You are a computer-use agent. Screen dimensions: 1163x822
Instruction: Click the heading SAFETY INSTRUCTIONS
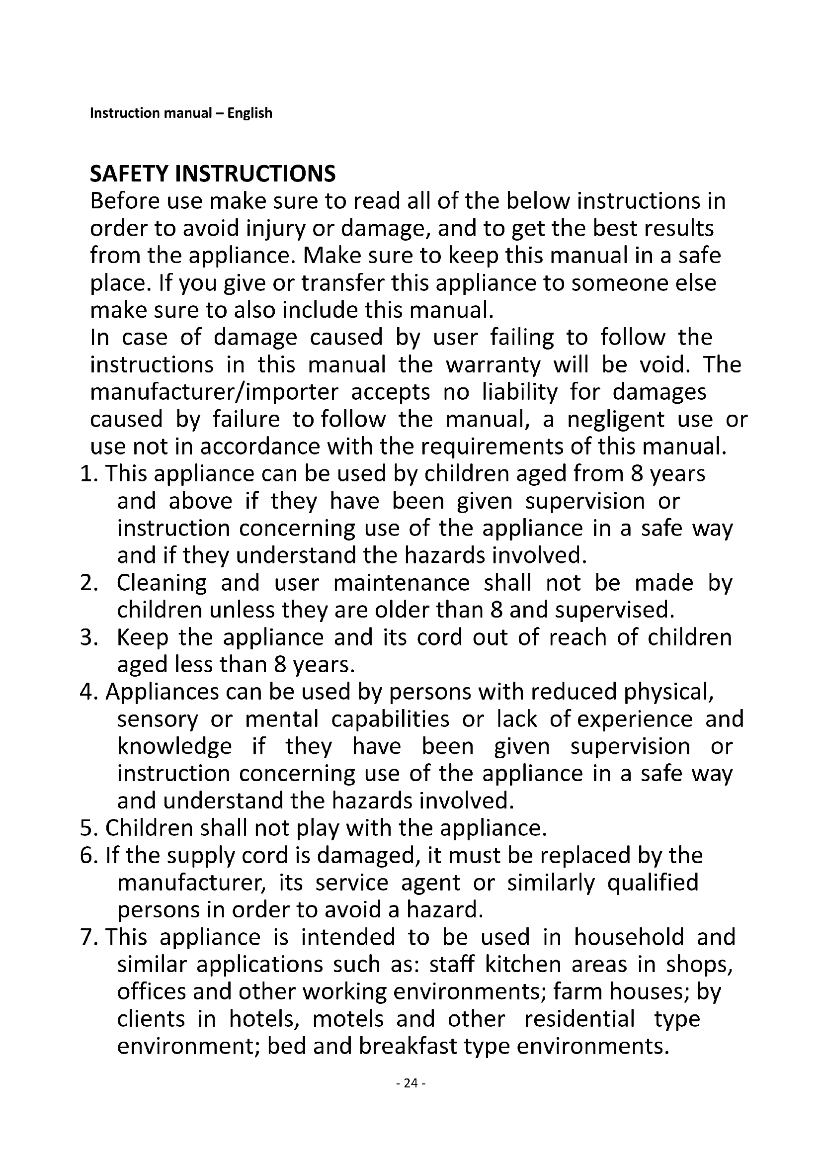pos(213,174)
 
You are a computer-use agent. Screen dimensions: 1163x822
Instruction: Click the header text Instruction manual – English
pos(181,112)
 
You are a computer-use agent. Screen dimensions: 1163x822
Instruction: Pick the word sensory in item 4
pos(158,720)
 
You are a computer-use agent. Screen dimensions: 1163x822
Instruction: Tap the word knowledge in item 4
pos(174,747)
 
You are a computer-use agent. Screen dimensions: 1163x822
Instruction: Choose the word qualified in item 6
pos(653,883)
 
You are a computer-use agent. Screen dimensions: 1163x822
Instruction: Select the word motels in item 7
pos(348,1019)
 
